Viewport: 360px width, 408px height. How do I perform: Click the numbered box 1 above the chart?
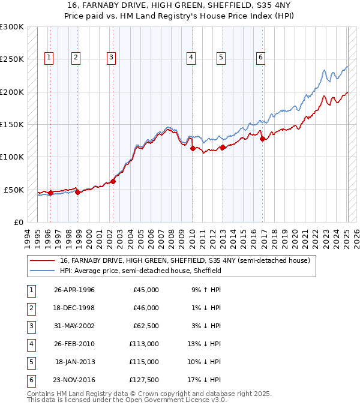pyautogui.click(x=49, y=58)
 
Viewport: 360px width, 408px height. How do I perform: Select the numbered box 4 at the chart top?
pyautogui.click(x=190, y=58)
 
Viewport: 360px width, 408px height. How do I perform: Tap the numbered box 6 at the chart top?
pyautogui.click(x=260, y=58)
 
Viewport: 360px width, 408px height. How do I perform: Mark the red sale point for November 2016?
pyautogui.click(x=263, y=139)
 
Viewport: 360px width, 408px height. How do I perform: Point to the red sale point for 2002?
pyautogui.click(x=113, y=181)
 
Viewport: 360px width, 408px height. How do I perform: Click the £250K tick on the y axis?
pyautogui.click(x=12, y=59)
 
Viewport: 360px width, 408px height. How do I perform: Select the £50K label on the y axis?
pyautogui.click(x=14, y=190)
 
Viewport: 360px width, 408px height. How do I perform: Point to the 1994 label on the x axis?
pyautogui.click(x=28, y=236)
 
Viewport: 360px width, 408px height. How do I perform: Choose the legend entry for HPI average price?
pyautogui.click(x=140, y=271)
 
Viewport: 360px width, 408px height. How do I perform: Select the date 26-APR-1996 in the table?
pyautogui.click(x=74, y=290)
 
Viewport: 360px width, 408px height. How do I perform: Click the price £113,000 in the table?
pyautogui.click(x=144, y=344)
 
